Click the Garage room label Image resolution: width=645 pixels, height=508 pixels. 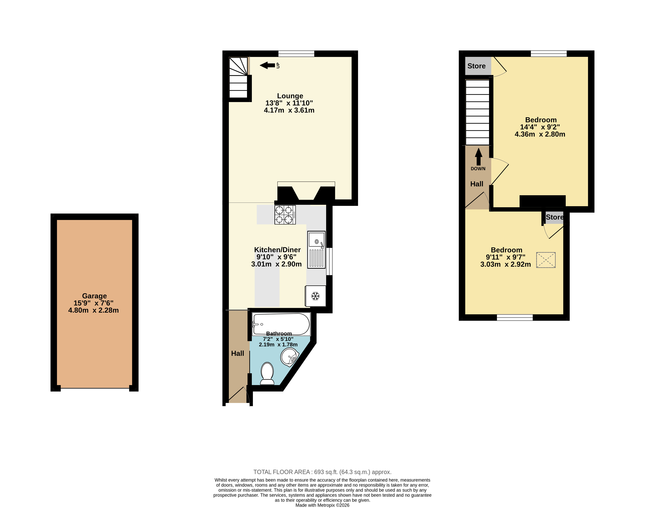[94, 296]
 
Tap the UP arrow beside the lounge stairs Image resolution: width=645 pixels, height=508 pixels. [267, 65]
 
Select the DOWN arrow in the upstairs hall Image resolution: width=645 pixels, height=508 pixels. [478, 157]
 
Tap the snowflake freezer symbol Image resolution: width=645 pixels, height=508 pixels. [315, 296]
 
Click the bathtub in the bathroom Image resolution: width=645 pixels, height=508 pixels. [281, 324]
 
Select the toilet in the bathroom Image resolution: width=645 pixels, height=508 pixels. [267, 374]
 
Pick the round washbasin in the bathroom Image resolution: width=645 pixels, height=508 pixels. [289, 357]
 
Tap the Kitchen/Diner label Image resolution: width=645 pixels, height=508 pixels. [277, 250]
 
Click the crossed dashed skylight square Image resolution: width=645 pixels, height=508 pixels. [546, 260]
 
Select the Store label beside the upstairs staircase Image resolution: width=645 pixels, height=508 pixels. [476, 66]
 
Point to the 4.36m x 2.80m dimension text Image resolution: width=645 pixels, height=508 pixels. [540, 134]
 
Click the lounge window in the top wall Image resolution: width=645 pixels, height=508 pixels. [296, 54]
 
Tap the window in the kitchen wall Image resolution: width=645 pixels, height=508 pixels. [329, 261]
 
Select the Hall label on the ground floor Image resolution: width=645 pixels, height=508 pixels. [237, 353]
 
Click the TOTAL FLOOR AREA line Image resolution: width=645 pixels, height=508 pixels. [323, 472]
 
